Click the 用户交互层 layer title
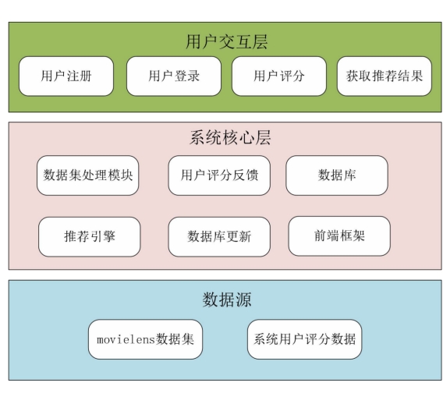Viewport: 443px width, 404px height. [x=227, y=42]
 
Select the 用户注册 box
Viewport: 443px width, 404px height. [x=66, y=76]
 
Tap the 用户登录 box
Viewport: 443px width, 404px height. [x=174, y=76]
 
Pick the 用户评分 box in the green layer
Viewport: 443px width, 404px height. [x=279, y=76]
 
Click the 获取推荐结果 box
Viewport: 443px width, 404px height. [x=385, y=76]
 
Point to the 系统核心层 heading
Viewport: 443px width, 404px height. [x=230, y=137]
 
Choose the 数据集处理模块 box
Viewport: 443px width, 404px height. [x=88, y=175]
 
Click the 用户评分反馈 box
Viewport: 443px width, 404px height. [x=219, y=175]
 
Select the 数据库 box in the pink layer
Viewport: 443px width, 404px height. [x=337, y=175]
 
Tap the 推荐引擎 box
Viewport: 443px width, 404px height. [x=90, y=237]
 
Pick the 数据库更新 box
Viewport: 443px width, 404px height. [x=219, y=237]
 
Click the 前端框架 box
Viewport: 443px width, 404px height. [x=339, y=236]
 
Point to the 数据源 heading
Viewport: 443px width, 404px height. [x=227, y=299]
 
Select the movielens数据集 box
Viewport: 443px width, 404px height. [x=146, y=339]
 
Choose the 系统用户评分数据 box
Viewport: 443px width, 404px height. [x=304, y=339]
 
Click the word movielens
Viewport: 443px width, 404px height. [x=126, y=339]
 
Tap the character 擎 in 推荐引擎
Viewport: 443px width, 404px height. [x=109, y=236]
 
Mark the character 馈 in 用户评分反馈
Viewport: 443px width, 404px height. [x=252, y=175]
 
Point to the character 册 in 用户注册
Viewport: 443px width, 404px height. [x=85, y=76]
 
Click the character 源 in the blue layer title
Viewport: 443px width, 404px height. [x=243, y=299]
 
